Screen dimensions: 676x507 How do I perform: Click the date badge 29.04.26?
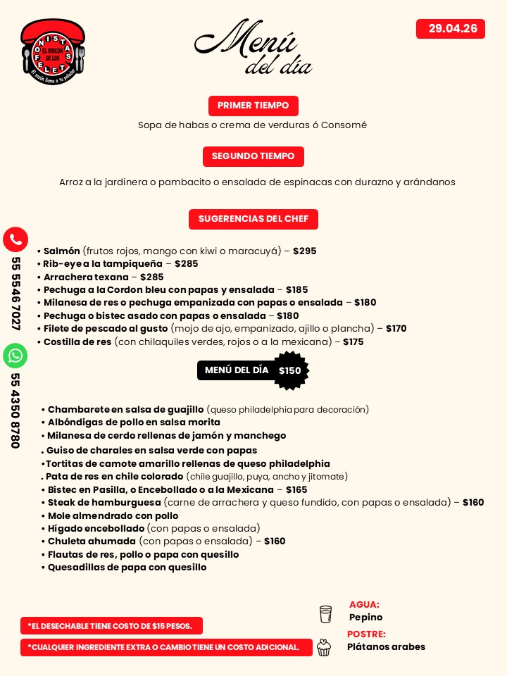coord(451,29)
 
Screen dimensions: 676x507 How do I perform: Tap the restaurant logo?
coord(53,51)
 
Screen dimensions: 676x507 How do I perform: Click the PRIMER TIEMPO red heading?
coord(253,106)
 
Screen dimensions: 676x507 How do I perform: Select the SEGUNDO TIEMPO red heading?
coord(253,156)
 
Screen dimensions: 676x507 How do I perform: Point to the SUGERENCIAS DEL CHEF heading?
coord(253,219)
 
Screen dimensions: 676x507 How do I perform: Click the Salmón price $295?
coord(304,251)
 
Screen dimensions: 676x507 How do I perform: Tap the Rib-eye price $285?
coord(186,264)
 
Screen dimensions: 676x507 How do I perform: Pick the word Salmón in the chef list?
coord(62,251)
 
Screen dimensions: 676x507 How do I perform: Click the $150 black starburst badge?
coord(289,370)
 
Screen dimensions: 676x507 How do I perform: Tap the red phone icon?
coord(15,239)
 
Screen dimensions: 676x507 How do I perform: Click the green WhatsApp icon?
coord(15,356)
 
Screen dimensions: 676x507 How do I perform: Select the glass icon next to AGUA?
coord(325,614)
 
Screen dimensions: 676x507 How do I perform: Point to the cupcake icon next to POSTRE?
coord(324,647)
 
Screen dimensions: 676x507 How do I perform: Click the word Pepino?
coord(366,618)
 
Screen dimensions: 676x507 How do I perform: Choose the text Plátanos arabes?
coord(386,647)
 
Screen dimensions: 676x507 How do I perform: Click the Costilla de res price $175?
coord(353,342)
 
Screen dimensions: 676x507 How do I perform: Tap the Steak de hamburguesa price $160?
coord(473,503)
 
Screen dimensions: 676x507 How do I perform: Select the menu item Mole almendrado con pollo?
coord(113,515)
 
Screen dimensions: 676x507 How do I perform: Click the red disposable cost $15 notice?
coord(111,626)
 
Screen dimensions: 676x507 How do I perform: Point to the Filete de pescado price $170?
coord(396,329)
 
